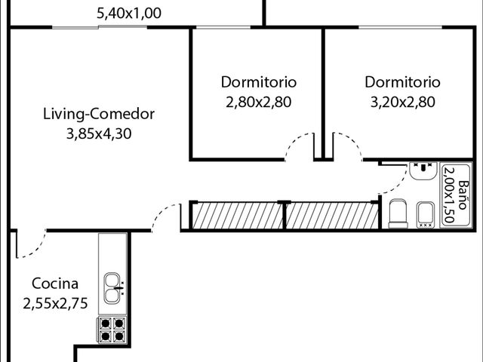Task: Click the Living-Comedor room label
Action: click(x=99, y=114)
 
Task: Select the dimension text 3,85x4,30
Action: click(x=99, y=134)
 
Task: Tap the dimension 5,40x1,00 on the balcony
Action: click(x=129, y=14)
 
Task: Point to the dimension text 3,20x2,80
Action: click(x=402, y=102)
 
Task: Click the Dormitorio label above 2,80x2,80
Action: click(x=259, y=82)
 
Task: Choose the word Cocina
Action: click(x=55, y=284)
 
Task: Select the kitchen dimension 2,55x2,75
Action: click(x=55, y=303)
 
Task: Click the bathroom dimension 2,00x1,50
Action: click(x=450, y=195)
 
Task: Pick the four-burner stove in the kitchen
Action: click(x=112, y=330)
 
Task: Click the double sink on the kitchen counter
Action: click(x=112, y=288)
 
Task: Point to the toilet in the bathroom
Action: click(x=398, y=213)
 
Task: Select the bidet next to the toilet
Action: click(x=426, y=215)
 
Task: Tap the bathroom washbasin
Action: click(x=423, y=171)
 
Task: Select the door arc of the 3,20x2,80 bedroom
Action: click(x=354, y=141)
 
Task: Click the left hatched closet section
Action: click(x=238, y=216)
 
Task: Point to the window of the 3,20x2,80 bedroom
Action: click(x=400, y=28)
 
